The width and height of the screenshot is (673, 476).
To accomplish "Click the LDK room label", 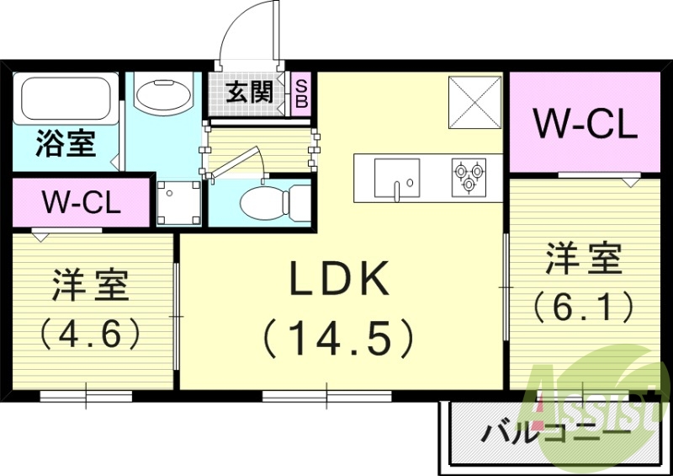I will pyautogui.click(x=339, y=279).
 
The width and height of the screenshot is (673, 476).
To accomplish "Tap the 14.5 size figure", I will pyautogui.click(x=339, y=338).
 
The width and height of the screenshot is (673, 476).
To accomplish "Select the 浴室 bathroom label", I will pyautogui.click(x=65, y=144).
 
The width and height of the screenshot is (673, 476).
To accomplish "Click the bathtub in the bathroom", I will pyautogui.click(x=65, y=98).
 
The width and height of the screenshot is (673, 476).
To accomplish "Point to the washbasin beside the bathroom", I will pyautogui.click(x=162, y=94).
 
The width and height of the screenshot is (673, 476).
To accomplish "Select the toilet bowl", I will pyautogui.click(x=263, y=203).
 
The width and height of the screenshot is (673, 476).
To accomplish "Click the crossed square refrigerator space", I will pyautogui.click(x=474, y=102).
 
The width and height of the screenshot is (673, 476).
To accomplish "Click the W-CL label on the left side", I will pyautogui.click(x=82, y=202).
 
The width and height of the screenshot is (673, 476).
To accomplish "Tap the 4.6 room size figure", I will pyautogui.click(x=90, y=334).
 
